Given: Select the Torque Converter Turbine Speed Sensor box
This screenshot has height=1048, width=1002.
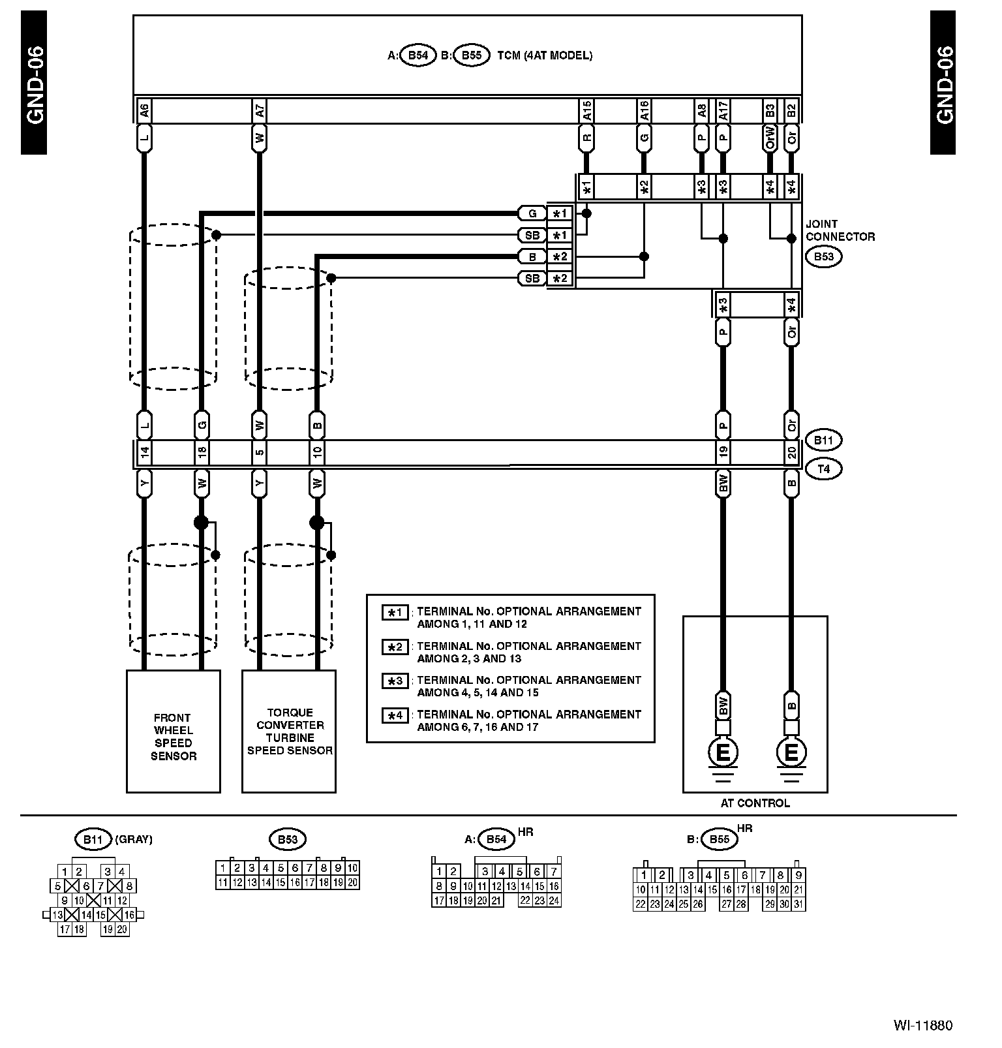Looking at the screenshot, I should coord(289,732).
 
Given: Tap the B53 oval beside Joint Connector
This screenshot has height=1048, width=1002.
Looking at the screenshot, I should coord(823,256).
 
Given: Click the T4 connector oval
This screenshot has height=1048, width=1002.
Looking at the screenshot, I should coord(823,469).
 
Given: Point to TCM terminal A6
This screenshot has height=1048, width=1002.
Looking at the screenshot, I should coord(144,111).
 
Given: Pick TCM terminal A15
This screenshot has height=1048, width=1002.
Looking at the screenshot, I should coord(586,111).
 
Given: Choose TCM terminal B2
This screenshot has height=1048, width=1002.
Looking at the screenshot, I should coord(791,111).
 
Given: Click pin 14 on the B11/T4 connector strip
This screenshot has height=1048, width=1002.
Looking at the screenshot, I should coord(144,452).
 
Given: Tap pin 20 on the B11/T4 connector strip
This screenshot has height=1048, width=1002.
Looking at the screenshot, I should coord(791,452).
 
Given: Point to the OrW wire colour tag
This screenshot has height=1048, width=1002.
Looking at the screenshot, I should coord(770,139).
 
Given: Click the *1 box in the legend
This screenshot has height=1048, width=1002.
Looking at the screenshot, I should coord(395,613).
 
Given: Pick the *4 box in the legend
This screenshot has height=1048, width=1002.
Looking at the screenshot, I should coord(395,716).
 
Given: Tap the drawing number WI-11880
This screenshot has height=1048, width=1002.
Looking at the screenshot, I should coord(922,1025).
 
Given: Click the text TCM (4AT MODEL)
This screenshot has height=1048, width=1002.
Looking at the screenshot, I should coord(545,55).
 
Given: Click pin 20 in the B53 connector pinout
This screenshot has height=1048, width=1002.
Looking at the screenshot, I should coord(352,882).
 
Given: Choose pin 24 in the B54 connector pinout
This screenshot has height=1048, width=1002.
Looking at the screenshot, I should coord(554,901).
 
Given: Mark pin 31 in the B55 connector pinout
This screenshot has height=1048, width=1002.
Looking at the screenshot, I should coord(798,904).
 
